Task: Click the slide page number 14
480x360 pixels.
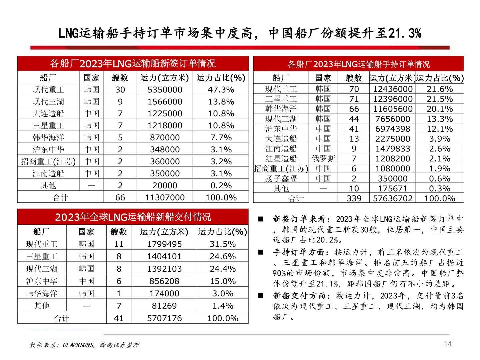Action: pyautogui.click(x=448, y=344)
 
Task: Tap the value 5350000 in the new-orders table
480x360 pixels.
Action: pyautogui.click(x=165, y=90)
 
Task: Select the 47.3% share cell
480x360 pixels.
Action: pyautogui.click(x=221, y=90)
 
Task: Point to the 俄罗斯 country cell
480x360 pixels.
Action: pyautogui.click(x=323, y=159)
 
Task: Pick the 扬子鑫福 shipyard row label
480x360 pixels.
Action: pyautogui.click(x=281, y=179)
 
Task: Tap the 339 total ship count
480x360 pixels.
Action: pyautogui.click(x=354, y=199)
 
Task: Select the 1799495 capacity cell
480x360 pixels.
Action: pyautogui.click(x=164, y=244)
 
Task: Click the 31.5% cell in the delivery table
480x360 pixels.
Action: pyautogui.click(x=223, y=244)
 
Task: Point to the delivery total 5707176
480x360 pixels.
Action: pyautogui.click(x=164, y=318)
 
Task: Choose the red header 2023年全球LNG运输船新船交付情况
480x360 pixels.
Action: pyautogui.click(x=133, y=217)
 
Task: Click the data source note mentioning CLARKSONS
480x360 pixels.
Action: pyautogui.click(x=84, y=345)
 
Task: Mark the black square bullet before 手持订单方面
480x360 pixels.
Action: pyautogui.click(x=261, y=252)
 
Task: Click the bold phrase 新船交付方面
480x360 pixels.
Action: pyautogui.click(x=299, y=296)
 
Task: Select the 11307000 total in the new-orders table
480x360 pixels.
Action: pyautogui.click(x=165, y=198)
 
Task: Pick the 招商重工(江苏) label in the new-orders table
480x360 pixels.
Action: pyautogui.click(x=48, y=162)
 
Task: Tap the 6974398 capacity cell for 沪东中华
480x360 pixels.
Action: pyautogui.click(x=393, y=129)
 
